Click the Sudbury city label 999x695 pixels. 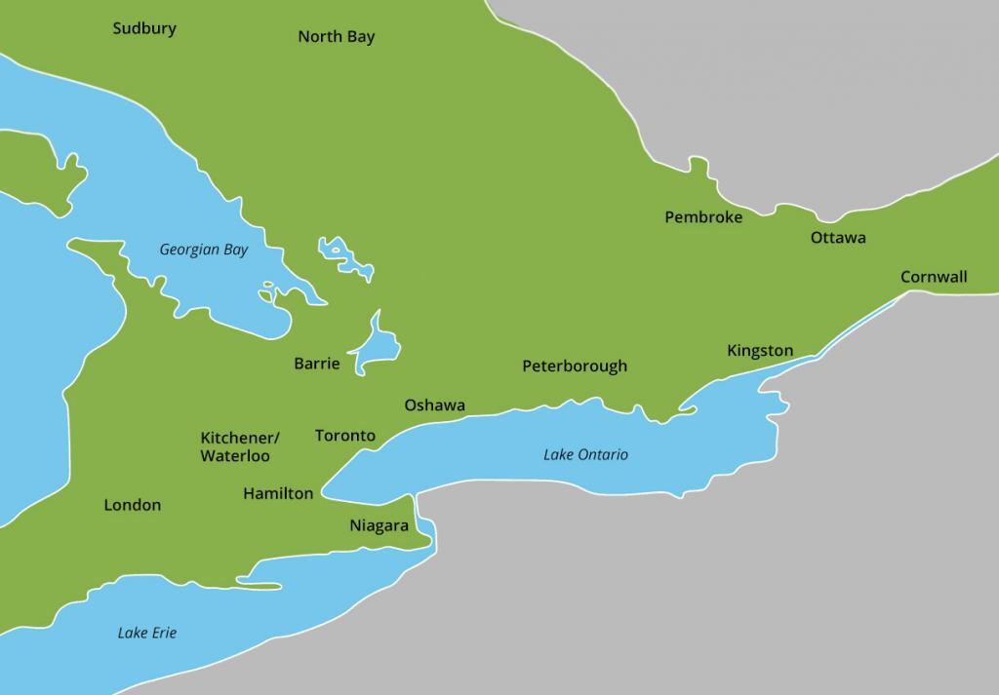coord(143,28)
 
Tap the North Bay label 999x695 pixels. coord(336,37)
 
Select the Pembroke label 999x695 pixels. coord(702,217)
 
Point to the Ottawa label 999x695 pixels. coord(837,238)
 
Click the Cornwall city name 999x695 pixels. coord(933,277)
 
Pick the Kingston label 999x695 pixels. coord(760,351)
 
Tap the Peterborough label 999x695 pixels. coord(574,367)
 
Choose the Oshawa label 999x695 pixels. coord(434,405)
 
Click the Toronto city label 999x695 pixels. coord(344,436)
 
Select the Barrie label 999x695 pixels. coord(316,364)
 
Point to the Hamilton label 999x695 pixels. coord(278,493)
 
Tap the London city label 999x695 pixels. coord(132,505)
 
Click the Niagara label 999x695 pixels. coord(379,525)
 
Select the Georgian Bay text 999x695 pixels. coord(203,250)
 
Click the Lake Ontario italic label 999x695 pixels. coord(585,455)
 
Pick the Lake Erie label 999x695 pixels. coord(146,633)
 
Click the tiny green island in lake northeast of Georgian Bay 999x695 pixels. coord(338,250)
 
